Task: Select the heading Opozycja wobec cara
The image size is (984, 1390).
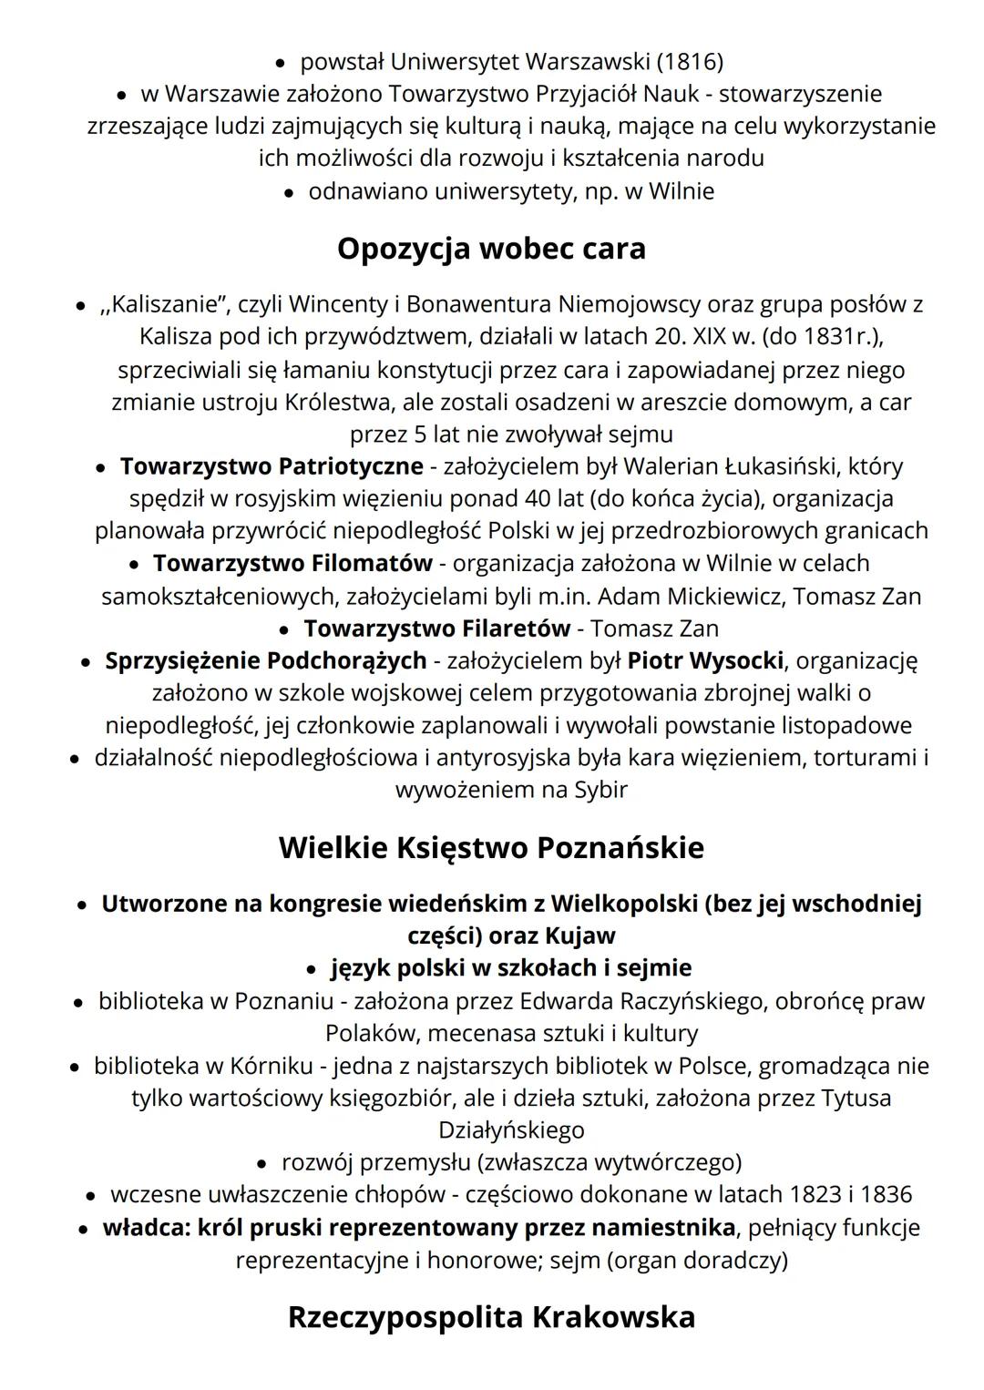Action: pos(491,249)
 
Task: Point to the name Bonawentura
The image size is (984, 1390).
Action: pos(478,304)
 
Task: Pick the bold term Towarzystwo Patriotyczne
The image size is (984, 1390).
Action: pos(272,466)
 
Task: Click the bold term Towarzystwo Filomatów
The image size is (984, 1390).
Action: pos(292,564)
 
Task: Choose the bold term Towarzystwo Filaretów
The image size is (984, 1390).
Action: pos(437,629)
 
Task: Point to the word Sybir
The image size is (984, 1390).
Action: pos(600,790)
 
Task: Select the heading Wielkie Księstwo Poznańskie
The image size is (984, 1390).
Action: pos(491,848)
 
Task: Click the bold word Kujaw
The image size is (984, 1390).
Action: pos(580,935)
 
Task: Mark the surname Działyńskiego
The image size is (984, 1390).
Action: pos(511,1130)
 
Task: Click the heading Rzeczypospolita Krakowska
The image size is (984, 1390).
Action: pos(491,1317)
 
